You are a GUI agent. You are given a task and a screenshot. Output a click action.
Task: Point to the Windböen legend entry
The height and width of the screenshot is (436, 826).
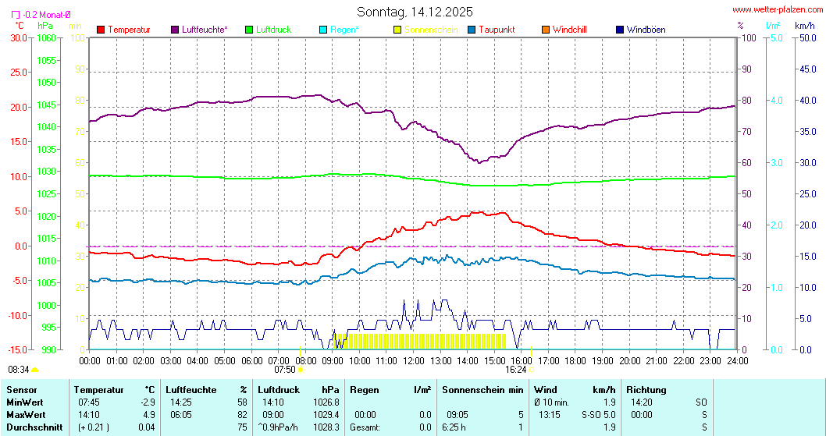point(646,30)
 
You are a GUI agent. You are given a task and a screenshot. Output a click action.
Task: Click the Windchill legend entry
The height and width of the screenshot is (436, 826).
point(569,30)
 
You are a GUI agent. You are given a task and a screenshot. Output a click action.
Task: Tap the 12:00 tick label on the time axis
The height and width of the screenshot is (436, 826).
point(414,360)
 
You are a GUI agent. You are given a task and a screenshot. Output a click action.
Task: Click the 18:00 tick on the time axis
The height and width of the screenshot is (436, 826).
point(575,360)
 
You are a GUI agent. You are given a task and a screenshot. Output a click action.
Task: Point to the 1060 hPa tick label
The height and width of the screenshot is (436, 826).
point(46,37)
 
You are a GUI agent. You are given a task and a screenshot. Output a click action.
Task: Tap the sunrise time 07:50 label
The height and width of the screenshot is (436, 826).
point(285,370)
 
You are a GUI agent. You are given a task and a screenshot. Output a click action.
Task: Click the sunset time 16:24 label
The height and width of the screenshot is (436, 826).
point(516,370)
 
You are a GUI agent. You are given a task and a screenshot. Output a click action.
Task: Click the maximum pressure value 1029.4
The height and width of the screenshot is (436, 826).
point(332,414)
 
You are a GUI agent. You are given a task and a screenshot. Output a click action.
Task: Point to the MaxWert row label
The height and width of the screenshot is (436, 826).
point(25,414)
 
